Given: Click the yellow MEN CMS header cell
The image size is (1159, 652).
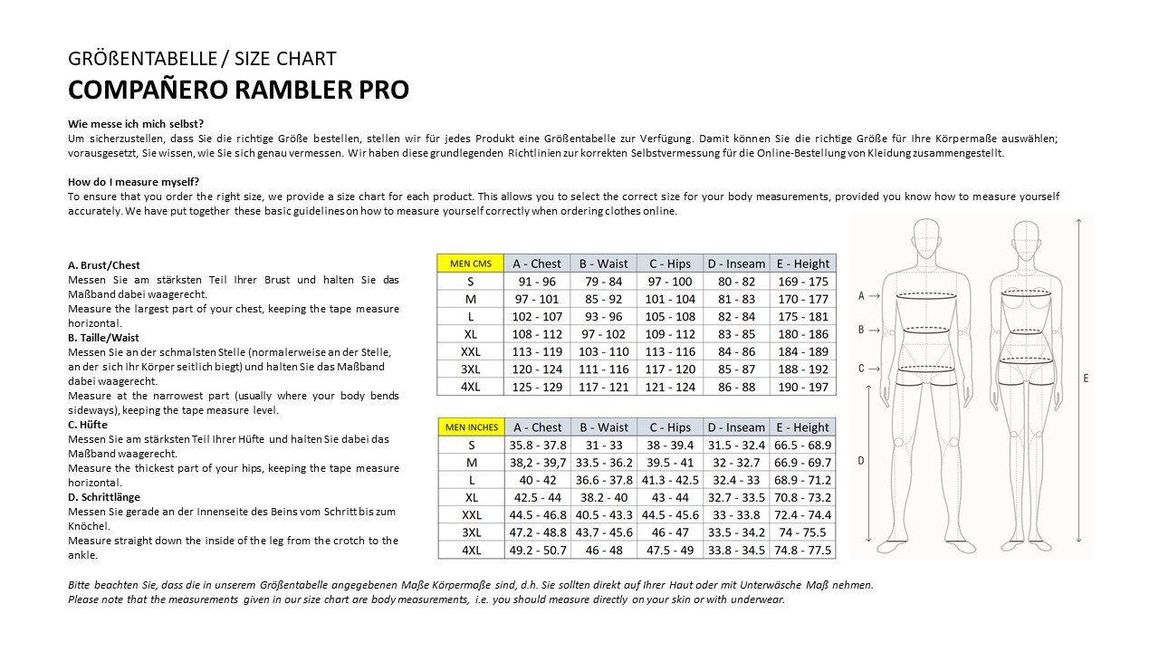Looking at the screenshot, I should tap(470, 264).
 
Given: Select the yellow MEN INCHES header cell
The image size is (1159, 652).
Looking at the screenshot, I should tap(470, 427).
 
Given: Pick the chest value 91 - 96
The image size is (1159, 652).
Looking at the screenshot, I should tap(537, 282).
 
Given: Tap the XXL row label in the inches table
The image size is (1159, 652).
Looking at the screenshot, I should tap(471, 515).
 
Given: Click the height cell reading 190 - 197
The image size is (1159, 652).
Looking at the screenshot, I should tap(803, 387).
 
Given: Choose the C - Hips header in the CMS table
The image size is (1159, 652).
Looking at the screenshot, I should tap(670, 264).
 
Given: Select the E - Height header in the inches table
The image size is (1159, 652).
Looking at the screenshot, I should tap(803, 427).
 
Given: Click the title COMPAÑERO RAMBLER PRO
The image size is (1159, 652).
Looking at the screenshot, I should tap(238, 90).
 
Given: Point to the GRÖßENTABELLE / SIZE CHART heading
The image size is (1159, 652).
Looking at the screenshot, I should tap(202, 59).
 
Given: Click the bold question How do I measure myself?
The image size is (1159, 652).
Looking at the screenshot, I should tap(133, 182).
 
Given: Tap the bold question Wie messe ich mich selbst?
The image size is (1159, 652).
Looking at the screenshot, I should tap(136, 124).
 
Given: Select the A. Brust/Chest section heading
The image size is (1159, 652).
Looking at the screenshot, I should tap(104, 265).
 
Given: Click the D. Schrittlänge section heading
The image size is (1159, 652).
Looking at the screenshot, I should tap(104, 497).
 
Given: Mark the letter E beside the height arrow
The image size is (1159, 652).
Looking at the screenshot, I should tap(1086, 378).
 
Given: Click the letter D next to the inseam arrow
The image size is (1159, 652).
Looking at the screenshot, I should tap(860, 460).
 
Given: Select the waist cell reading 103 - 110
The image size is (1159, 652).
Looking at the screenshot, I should tap(603, 351).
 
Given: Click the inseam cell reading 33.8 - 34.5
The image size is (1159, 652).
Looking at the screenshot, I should tap(736, 550).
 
